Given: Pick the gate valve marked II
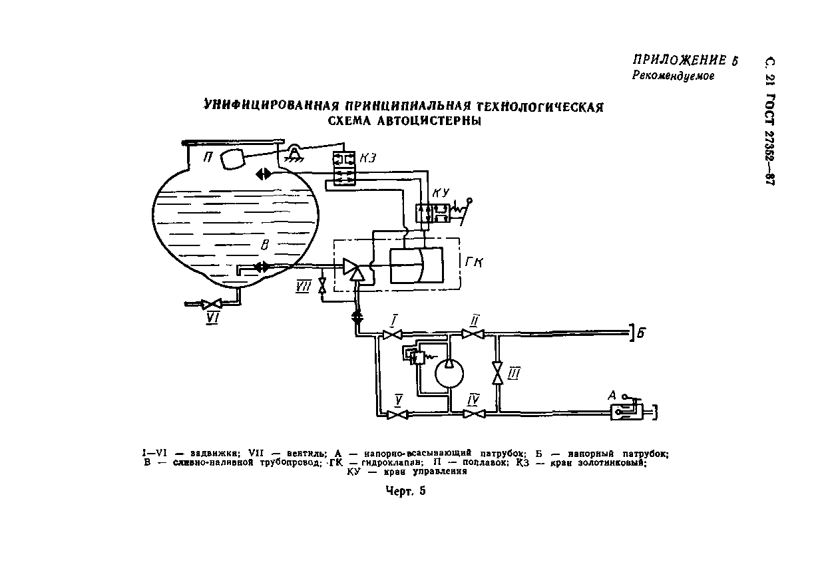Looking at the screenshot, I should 474,335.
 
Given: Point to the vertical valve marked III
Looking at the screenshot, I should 496,372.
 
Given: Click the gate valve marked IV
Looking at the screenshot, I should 473,414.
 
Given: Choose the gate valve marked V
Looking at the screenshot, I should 398,414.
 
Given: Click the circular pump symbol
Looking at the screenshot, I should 451,373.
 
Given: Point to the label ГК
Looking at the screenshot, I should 474,263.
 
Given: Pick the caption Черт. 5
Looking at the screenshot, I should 405,492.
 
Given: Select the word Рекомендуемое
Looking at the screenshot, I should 672,76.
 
